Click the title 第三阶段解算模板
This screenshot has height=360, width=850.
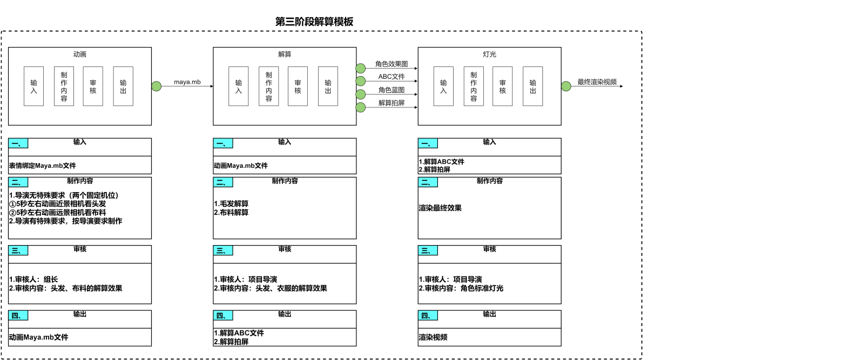314,22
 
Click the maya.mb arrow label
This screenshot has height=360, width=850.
187,82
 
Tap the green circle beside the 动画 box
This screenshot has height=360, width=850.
157,86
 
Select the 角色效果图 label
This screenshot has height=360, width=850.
392,64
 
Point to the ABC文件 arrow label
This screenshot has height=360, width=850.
392,77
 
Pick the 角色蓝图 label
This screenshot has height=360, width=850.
392,90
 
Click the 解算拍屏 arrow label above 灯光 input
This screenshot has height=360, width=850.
392,103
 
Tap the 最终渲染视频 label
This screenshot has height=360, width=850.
597,82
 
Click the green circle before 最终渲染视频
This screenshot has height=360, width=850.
566,86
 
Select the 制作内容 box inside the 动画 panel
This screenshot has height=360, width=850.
64,86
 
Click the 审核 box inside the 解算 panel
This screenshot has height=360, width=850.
298,86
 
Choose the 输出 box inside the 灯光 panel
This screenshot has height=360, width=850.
532,86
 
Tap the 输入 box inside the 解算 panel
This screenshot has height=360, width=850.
239,86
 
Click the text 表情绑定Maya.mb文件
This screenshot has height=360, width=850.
43,166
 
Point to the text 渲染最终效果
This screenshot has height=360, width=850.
440,208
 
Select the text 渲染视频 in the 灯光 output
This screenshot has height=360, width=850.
433,337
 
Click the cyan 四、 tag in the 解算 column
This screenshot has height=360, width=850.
223,316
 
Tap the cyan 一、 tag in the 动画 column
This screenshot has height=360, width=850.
18,144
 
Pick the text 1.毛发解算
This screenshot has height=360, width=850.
231,204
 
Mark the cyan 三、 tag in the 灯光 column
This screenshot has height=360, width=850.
428,251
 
